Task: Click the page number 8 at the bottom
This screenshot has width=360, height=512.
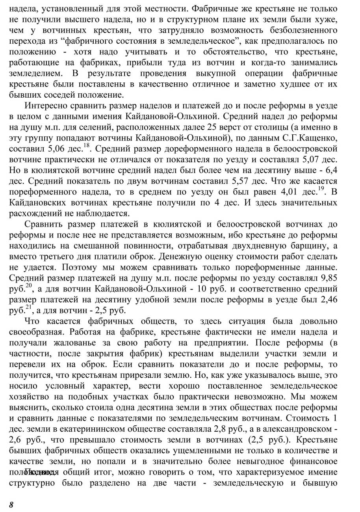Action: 11,505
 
